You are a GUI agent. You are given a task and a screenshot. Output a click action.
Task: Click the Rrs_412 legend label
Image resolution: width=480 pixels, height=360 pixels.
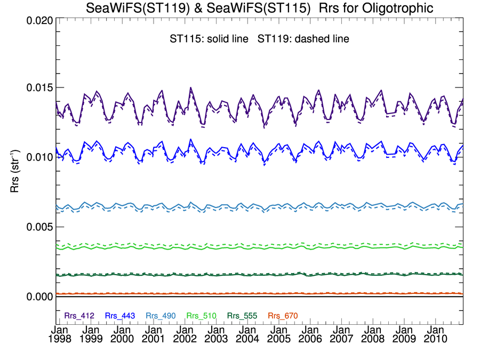pyautogui.click(x=79, y=316)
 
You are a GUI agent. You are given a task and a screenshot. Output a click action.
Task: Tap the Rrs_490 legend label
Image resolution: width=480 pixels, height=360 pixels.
pyautogui.click(x=161, y=316)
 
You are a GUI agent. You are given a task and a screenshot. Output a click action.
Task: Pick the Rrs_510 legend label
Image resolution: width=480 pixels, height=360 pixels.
pyautogui.click(x=202, y=316)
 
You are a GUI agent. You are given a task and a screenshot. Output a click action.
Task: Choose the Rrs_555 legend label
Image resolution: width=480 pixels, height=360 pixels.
pyautogui.click(x=242, y=316)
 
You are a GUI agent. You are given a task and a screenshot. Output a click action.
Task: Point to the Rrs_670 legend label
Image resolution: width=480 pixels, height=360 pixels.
pyautogui.click(x=283, y=316)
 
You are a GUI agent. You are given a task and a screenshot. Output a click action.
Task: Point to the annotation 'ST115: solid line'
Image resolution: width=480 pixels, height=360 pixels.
pyautogui.click(x=206, y=39)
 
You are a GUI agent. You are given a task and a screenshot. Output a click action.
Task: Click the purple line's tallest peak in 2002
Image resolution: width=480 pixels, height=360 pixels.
pyautogui.click(x=190, y=87)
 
